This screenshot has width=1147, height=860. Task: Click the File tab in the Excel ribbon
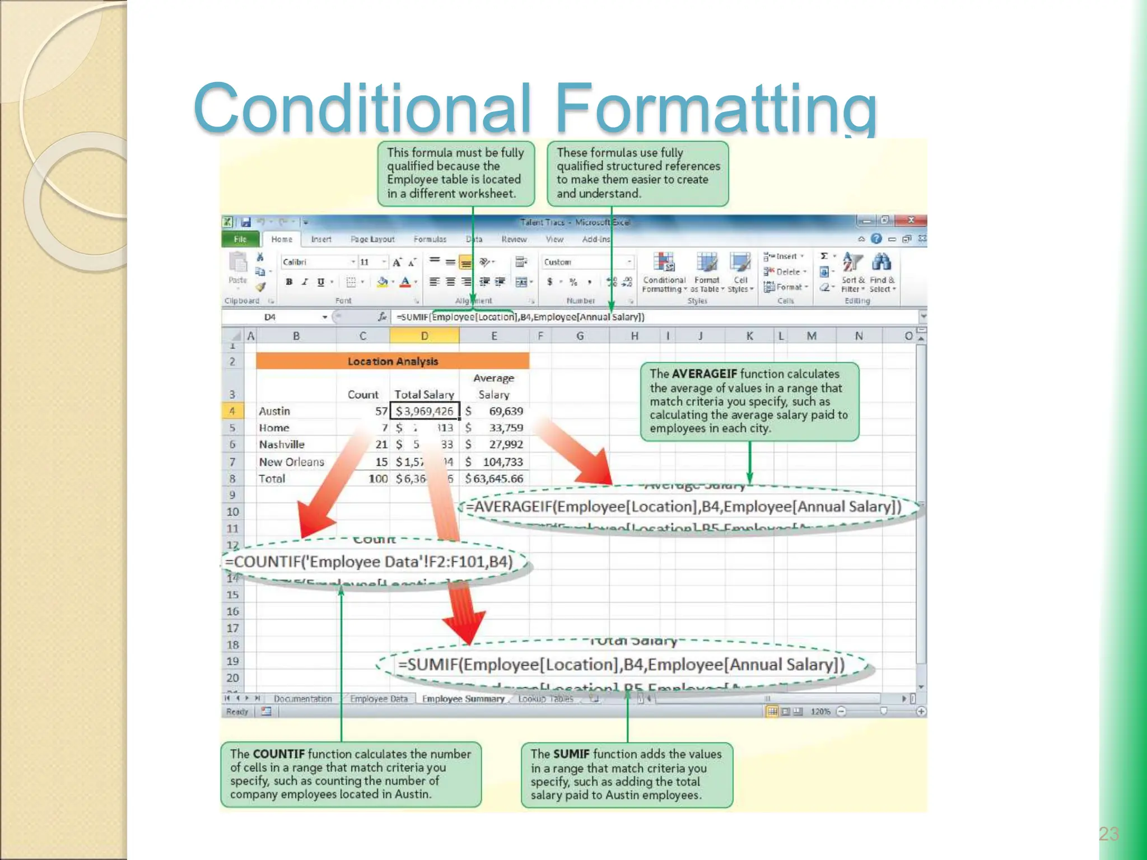(x=240, y=239)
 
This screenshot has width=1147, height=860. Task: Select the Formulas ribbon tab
(x=430, y=239)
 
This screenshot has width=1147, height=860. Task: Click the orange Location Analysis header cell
(x=393, y=361)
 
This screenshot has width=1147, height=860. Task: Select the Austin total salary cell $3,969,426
(x=424, y=411)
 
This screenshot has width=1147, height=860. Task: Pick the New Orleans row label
(x=291, y=462)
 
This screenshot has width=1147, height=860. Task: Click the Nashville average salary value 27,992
(x=505, y=445)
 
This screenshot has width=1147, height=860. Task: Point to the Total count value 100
(x=378, y=479)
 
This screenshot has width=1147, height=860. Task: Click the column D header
(x=424, y=336)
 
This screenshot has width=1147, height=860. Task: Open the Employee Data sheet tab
(x=379, y=699)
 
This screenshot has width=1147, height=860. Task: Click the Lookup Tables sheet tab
(x=545, y=699)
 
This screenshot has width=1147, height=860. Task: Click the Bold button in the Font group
(x=289, y=282)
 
